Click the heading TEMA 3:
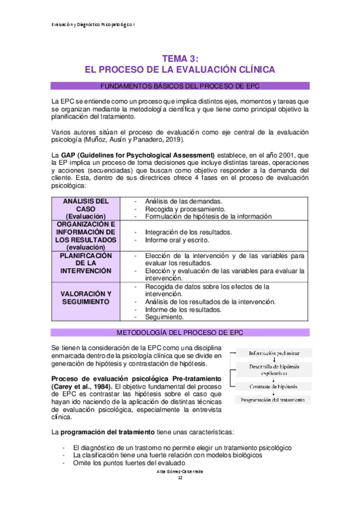[x=180, y=58]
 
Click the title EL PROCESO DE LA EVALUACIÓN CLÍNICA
[x=180, y=70]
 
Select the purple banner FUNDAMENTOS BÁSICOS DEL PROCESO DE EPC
[x=180, y=85]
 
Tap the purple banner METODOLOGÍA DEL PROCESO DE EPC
[x=180, y=332]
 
